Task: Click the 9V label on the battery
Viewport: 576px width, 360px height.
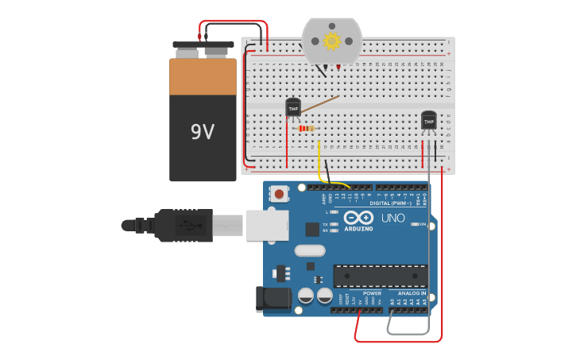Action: [202, 132]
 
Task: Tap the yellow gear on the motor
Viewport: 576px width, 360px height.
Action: [331, 40]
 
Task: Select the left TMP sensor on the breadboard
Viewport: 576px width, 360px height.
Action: [293, 107]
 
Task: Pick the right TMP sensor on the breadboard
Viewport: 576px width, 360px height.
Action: [429, 120]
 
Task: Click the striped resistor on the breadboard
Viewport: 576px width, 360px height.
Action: [305, 128]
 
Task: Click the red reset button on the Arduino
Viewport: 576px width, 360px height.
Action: [280, 193]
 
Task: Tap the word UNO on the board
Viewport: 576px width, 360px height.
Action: [392, 218]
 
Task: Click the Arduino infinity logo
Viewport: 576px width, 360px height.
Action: [358, 218]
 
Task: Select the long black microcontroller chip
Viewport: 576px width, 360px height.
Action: [380, 276]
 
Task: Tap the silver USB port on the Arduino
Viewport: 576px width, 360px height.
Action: [266, 225]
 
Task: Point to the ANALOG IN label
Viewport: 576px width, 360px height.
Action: [412, 293]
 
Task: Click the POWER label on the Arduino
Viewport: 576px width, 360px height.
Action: [371, 293]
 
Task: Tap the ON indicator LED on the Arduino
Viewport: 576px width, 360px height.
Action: [415, 225]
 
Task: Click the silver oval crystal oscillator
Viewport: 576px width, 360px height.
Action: [309, 251]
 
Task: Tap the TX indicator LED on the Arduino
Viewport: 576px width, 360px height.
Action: [334, 224]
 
